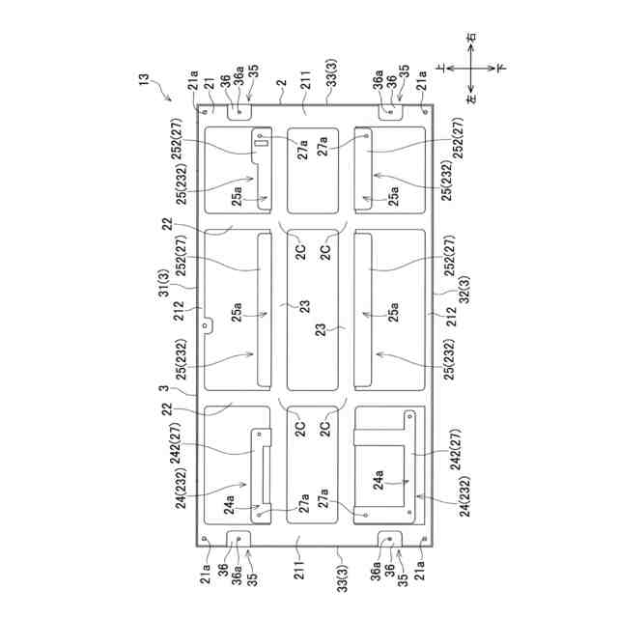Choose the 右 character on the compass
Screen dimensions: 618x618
pos(470,39)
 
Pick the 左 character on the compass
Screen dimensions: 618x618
pos(470,98)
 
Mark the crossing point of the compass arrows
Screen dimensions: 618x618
pos(470,69)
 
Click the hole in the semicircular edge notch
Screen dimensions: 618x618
pos(206,326)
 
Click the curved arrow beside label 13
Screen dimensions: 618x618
pos(165,95)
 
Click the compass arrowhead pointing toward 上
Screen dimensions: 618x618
pos(448,69)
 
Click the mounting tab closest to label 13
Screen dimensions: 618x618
pos(239,113)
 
